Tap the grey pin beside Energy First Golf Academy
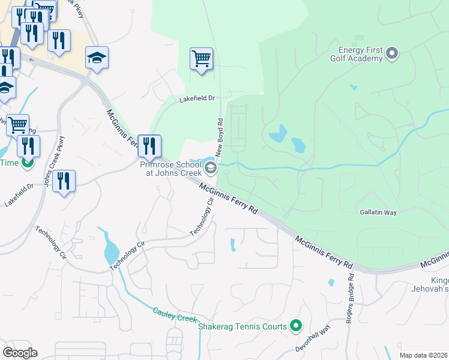point(392,54)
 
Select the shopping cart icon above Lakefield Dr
point(202,59)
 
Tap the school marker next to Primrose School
point(209,165)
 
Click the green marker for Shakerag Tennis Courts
point(295,326)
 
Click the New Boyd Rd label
point(220,137)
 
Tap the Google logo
point(20,352)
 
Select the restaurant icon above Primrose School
point(149,145)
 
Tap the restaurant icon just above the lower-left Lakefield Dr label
point(64,181)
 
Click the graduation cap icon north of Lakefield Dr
point(97,58)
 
